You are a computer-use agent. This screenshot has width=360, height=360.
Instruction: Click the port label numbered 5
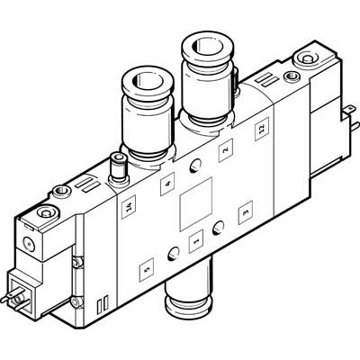click(x=148, y=266)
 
